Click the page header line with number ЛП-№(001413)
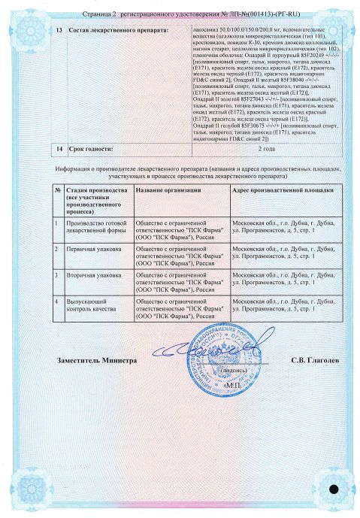click(180, 13)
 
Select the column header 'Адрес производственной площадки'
click(276, 191)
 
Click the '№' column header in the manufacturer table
click(58, 191)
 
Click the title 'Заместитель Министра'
click(97, 360)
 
